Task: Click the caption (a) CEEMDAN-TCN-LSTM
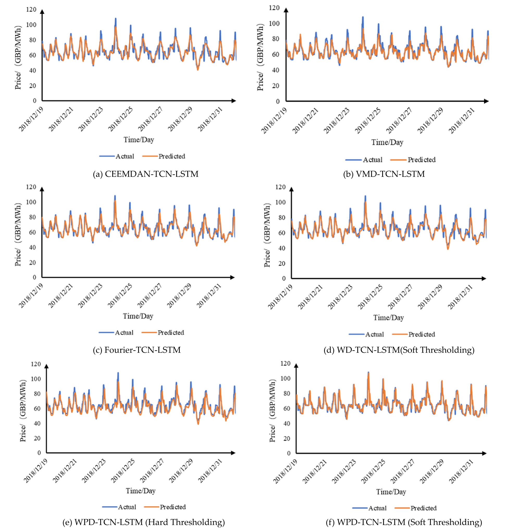[145, 174]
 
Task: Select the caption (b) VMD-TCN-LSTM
[384, 174]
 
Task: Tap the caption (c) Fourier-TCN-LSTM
[137, 350]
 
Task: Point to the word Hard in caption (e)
[157, 522]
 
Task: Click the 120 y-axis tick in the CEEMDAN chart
[31, 9]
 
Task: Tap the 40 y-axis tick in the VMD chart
[275, 70]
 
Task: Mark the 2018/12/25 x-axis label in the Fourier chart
[120, 296]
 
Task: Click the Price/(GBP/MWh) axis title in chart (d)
[267, 235]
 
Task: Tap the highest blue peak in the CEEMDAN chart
[116, 18]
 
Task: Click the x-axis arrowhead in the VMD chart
[486, 101]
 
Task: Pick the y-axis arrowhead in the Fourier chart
[42, 189]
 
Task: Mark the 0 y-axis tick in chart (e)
[39, 453]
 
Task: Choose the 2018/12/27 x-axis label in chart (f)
[403, 472]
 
